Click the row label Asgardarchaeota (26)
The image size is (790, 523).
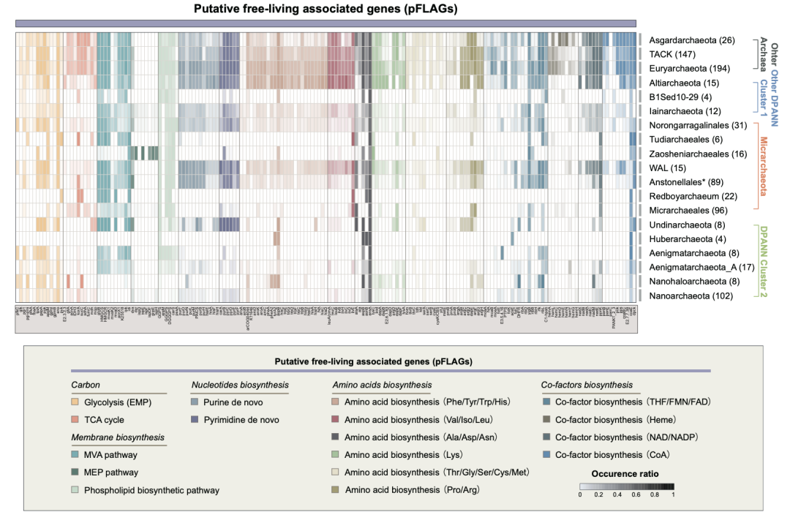tap(692, 40)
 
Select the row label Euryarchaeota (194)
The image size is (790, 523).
tap(692, 68)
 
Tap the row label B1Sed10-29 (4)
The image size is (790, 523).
tap(680, 97)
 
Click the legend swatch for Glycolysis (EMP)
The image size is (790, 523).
tap(75, 402)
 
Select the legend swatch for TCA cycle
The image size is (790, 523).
tap(75, 420)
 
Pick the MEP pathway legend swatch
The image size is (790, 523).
tap(75, 473)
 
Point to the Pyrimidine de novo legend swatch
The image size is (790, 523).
tap(195, 420)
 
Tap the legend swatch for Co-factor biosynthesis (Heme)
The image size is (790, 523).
tap(546, 420)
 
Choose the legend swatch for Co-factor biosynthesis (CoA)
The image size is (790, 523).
tap(546, 455)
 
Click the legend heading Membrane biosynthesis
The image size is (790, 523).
tap(118, 437)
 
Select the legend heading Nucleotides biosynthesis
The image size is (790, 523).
tap(240, 385)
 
